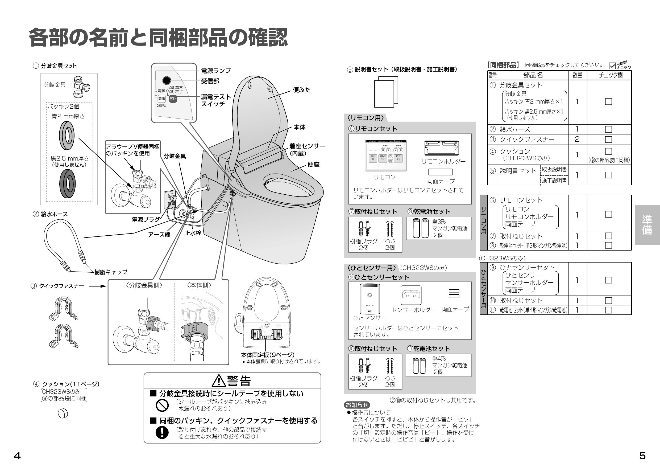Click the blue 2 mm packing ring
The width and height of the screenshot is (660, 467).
67,136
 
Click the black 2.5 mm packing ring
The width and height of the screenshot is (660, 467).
68,183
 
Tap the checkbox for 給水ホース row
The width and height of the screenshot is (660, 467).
608,129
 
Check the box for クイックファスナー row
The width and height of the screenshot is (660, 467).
608,140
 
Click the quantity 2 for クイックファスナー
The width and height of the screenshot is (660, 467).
577,140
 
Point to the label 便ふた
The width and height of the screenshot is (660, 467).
302,90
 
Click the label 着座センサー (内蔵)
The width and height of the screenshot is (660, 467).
307,150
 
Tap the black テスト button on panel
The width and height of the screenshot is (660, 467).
173,99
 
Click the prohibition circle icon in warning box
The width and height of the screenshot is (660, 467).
162,406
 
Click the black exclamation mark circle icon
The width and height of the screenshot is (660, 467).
162,432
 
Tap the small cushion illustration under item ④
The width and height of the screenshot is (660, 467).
63,413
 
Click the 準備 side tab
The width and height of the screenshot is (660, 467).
647,225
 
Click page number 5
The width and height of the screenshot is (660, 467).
642,456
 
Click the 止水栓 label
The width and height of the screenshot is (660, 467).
193,233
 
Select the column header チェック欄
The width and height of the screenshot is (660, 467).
610,75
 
